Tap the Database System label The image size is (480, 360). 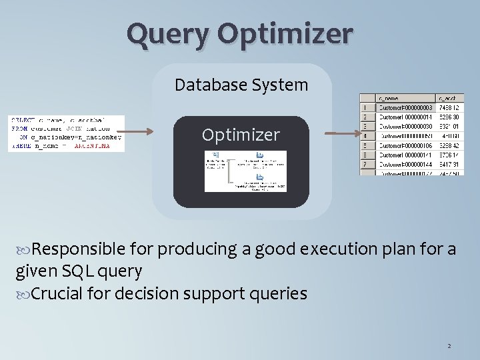241,85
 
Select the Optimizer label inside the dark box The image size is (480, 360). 241,135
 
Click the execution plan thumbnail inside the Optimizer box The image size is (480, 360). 245,171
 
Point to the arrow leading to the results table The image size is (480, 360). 339,134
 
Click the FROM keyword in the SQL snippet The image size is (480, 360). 19,128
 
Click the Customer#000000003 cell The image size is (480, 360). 405,107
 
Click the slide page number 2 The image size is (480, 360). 449,346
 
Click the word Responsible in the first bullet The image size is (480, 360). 79,250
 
